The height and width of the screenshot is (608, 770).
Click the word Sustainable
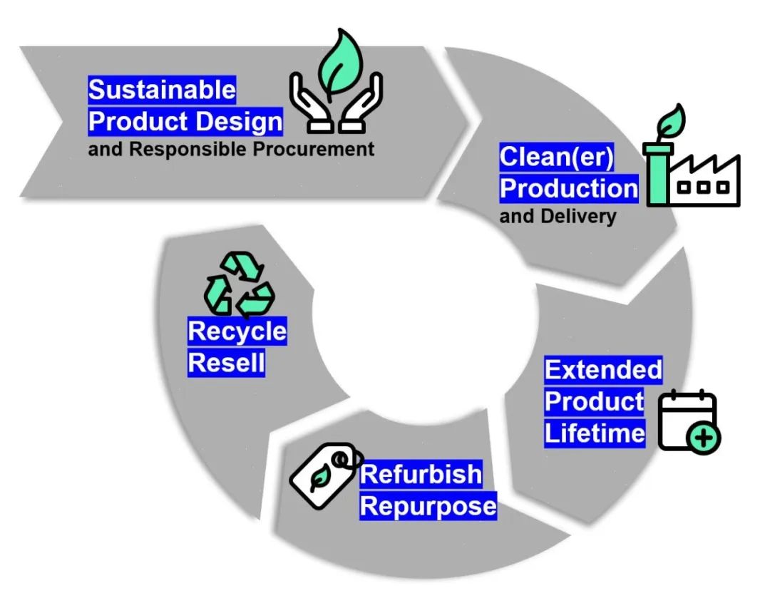click(x=162, y=91)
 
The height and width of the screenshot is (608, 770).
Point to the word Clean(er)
click(x=556, y=157)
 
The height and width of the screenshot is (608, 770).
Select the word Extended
click(x=603, y=370)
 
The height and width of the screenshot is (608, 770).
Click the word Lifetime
click(x=595, y=433)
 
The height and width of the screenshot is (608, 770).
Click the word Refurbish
click(x=421, y=475)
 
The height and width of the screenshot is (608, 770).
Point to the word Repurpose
click(x=428, y=507)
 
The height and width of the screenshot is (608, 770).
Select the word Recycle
click(x=237, y=331)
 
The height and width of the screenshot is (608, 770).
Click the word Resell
click(x=226, y=364)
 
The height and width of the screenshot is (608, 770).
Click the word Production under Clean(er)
click(x=568, y=188)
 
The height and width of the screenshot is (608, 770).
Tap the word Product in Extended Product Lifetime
click(x=594, y=401)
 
